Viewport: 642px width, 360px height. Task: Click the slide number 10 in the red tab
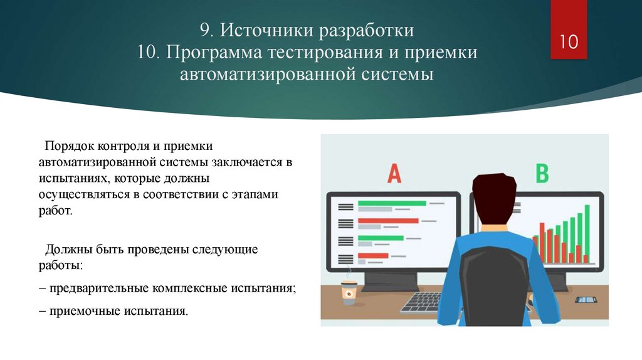(568, 43)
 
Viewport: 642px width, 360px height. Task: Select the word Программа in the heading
(215, 52)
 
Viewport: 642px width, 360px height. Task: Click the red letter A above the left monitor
(394, 173)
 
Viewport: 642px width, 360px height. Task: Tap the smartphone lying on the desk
(586, 299)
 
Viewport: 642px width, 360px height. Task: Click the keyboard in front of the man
(421, 302)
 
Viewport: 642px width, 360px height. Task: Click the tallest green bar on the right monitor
(587, 232)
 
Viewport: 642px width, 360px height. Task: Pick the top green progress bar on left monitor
(391, 203)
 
